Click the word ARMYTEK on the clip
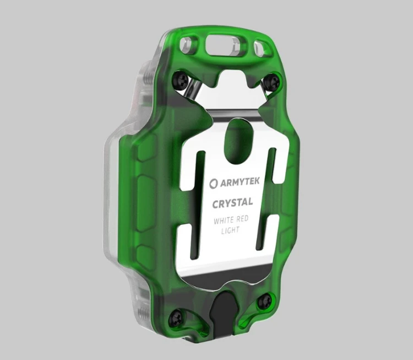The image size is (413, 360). pos(240,182)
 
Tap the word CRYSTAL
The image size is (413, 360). pos(232,203)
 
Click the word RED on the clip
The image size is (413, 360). pos(242,219)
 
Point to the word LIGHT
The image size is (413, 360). pos(231,230)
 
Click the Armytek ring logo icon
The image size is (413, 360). pos(214,184)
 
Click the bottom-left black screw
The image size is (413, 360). pos(176,316)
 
